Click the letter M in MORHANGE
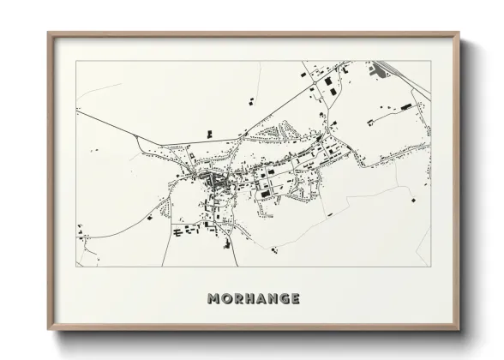(213, 299)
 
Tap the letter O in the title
(226, 299)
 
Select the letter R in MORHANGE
(238, 299)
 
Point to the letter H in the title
(250, 299)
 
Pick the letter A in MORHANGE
(262, 299)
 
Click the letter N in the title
(273, 299)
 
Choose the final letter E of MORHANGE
(296, 299)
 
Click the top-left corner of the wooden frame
(48, 33)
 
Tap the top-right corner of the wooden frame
(459, 33)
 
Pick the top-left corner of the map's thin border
(76, 61)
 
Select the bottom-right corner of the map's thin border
(430, 267)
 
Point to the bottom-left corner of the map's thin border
(76, 267)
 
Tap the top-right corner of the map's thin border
(430, 61)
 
